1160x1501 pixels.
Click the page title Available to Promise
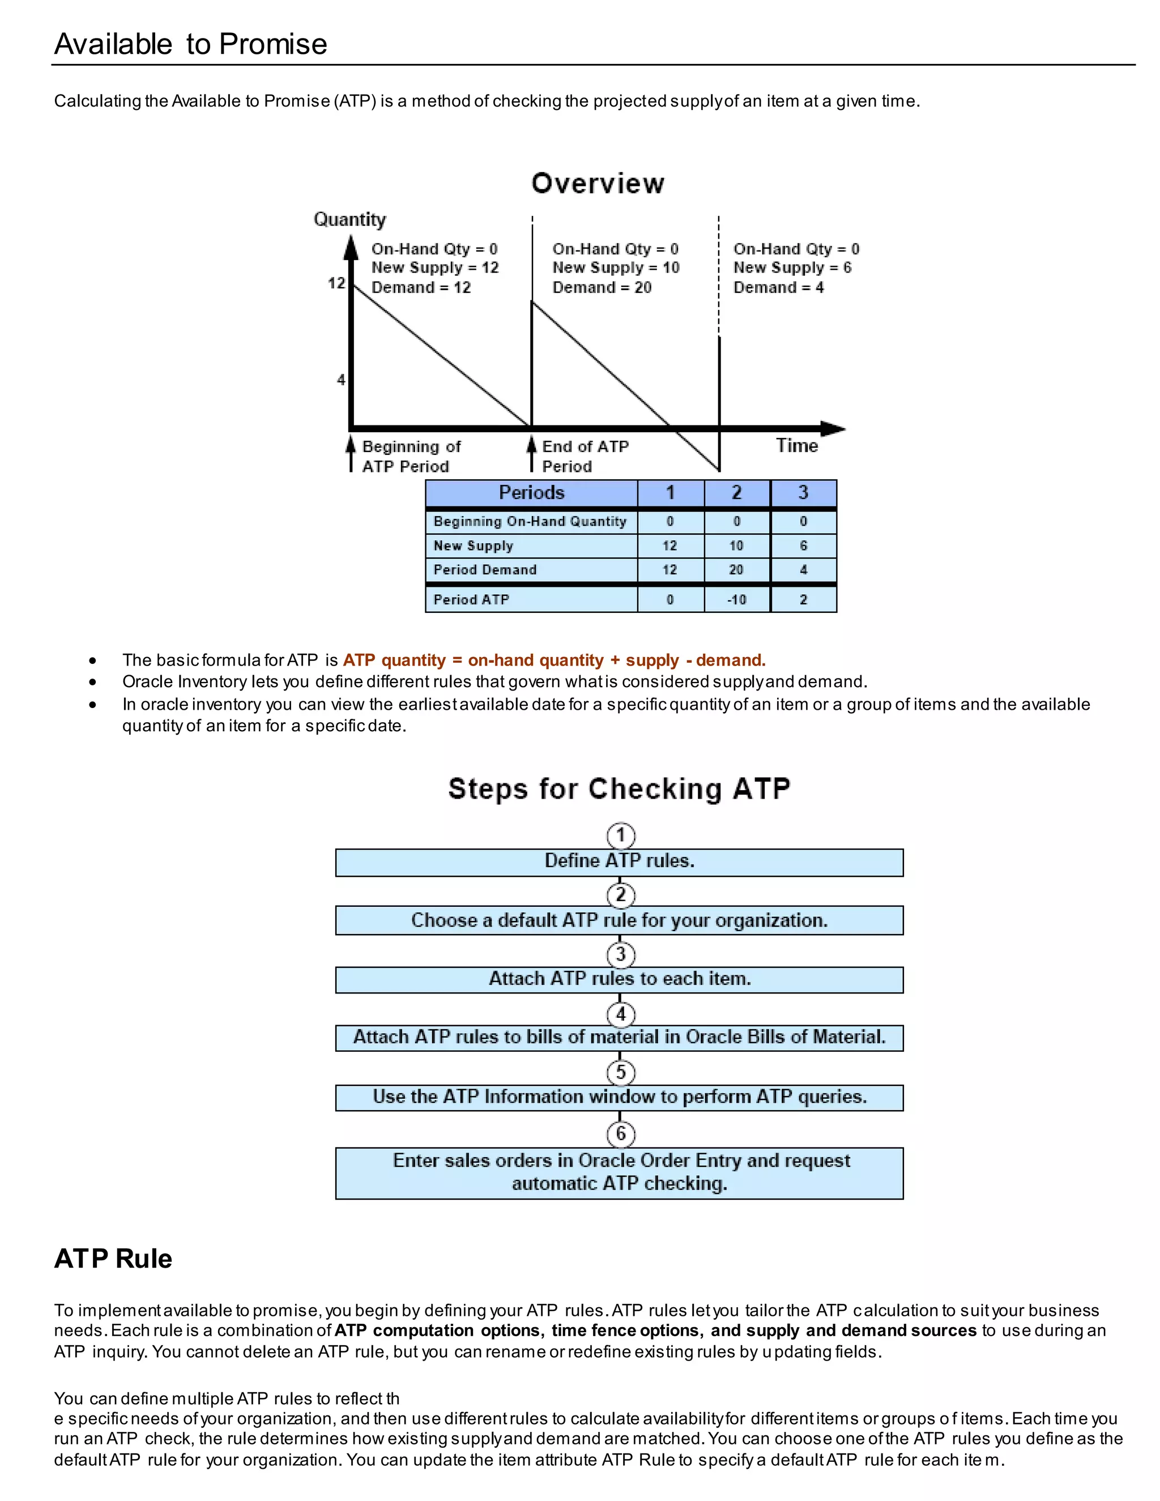point(190,44)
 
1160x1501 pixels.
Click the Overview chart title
point(598,184)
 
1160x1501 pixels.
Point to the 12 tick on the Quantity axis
point(336,283)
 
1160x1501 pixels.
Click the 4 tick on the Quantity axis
point(341,379)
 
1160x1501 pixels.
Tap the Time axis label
point(796,445)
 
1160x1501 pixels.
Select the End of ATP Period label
point(585,457)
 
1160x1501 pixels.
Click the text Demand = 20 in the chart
point(602,287)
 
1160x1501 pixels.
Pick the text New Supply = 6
point(792,267)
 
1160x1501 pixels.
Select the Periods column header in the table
point(531,493)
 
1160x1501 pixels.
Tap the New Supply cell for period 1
point(669,545)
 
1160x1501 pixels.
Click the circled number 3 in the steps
point(621,954)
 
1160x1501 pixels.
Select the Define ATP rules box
point(619,861)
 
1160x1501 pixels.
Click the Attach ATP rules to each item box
point(619,979)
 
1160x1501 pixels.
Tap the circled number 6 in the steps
point(621,1133)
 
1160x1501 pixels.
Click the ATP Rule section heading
point(113,1259)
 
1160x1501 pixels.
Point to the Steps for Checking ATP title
point(619,789)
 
